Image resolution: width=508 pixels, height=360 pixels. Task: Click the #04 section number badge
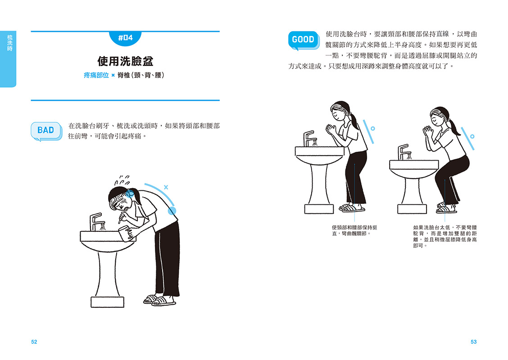click(x=125, y=38)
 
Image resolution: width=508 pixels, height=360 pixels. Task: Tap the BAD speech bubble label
click(x=46, y=131)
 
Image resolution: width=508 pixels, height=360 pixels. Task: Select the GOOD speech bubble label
click(x=303, y=40)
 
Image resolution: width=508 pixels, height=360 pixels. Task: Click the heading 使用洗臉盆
click(x=125, y=61)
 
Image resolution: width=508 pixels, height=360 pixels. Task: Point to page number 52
click(x=34, y=342)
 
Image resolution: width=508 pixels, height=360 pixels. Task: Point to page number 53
click(x=473, y=342)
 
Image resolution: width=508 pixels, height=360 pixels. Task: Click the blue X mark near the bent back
click(x=166, y=187)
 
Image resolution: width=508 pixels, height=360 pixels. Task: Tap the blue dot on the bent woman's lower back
click(x=172, y=211)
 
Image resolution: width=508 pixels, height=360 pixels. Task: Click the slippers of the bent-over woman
click(x=159, y=300)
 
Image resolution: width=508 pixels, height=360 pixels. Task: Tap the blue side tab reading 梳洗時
click(x=8, y=59)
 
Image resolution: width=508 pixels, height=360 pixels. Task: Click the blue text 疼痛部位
click(x=96, y=76)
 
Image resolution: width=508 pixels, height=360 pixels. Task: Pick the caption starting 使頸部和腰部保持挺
click(x=354, y=230)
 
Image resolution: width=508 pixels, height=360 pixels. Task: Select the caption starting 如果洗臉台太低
click(x=445, y=237)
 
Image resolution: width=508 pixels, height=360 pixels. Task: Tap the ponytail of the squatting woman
click(x=454, y=127)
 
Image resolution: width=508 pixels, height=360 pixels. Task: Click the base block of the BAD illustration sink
click(x=107, y=302)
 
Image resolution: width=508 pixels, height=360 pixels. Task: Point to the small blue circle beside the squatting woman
click(x=472, y=136)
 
